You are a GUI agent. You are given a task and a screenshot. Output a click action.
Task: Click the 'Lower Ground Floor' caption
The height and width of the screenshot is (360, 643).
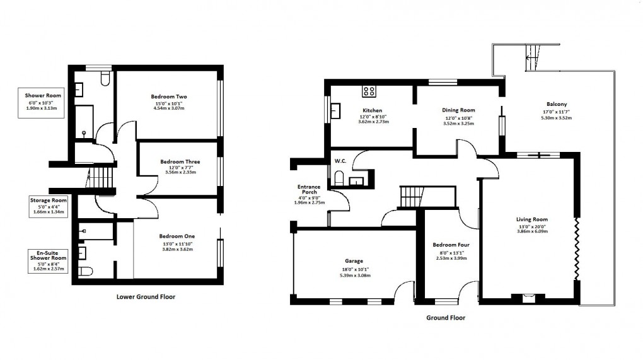point(146,296)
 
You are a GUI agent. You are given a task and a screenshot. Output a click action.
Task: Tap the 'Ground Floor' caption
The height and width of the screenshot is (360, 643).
point(446,318)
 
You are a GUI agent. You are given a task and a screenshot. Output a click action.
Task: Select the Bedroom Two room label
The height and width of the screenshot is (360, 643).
point(169,96)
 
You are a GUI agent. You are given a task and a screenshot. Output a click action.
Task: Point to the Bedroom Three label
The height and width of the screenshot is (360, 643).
point(180,162)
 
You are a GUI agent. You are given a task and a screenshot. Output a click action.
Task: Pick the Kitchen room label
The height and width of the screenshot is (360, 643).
point(371,110)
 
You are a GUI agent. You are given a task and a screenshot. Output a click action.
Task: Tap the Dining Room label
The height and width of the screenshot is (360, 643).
point(458,110)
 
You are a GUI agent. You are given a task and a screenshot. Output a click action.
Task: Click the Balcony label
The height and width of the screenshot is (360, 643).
point(557,104)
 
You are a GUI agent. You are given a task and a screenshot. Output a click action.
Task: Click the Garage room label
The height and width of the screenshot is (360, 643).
point(354,260)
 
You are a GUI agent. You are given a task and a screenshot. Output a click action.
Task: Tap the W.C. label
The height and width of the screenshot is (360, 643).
point(340,161)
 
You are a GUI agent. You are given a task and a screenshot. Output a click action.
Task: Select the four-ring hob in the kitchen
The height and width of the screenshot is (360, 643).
point(369,92)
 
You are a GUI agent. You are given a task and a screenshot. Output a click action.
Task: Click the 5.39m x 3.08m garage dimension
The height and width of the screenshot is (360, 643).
point(354,276)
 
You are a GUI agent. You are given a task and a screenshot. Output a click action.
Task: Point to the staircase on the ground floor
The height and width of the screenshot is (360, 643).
point(412,196)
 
